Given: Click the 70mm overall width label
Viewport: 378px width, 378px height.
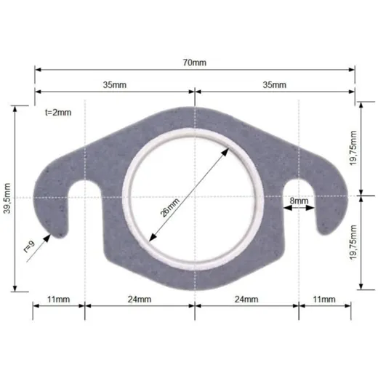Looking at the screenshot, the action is pos(195,63).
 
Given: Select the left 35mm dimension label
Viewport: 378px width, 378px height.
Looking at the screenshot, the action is pos(115,85).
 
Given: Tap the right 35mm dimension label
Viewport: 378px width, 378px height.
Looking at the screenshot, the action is pos(275,85).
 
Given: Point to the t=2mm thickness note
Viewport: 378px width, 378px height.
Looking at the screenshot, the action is pos(58,113).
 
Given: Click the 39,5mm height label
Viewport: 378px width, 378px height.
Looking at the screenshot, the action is pos(7,198).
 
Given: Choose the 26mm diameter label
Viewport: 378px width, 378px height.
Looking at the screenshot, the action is pos(169,208).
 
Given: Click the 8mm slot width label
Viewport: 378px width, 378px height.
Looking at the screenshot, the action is pos(299,201).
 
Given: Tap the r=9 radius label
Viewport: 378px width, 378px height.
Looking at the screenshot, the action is pos(29,247).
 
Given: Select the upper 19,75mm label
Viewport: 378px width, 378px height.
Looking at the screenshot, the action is pos(353,148).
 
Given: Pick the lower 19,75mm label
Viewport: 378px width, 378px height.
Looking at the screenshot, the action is pos(353,243).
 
